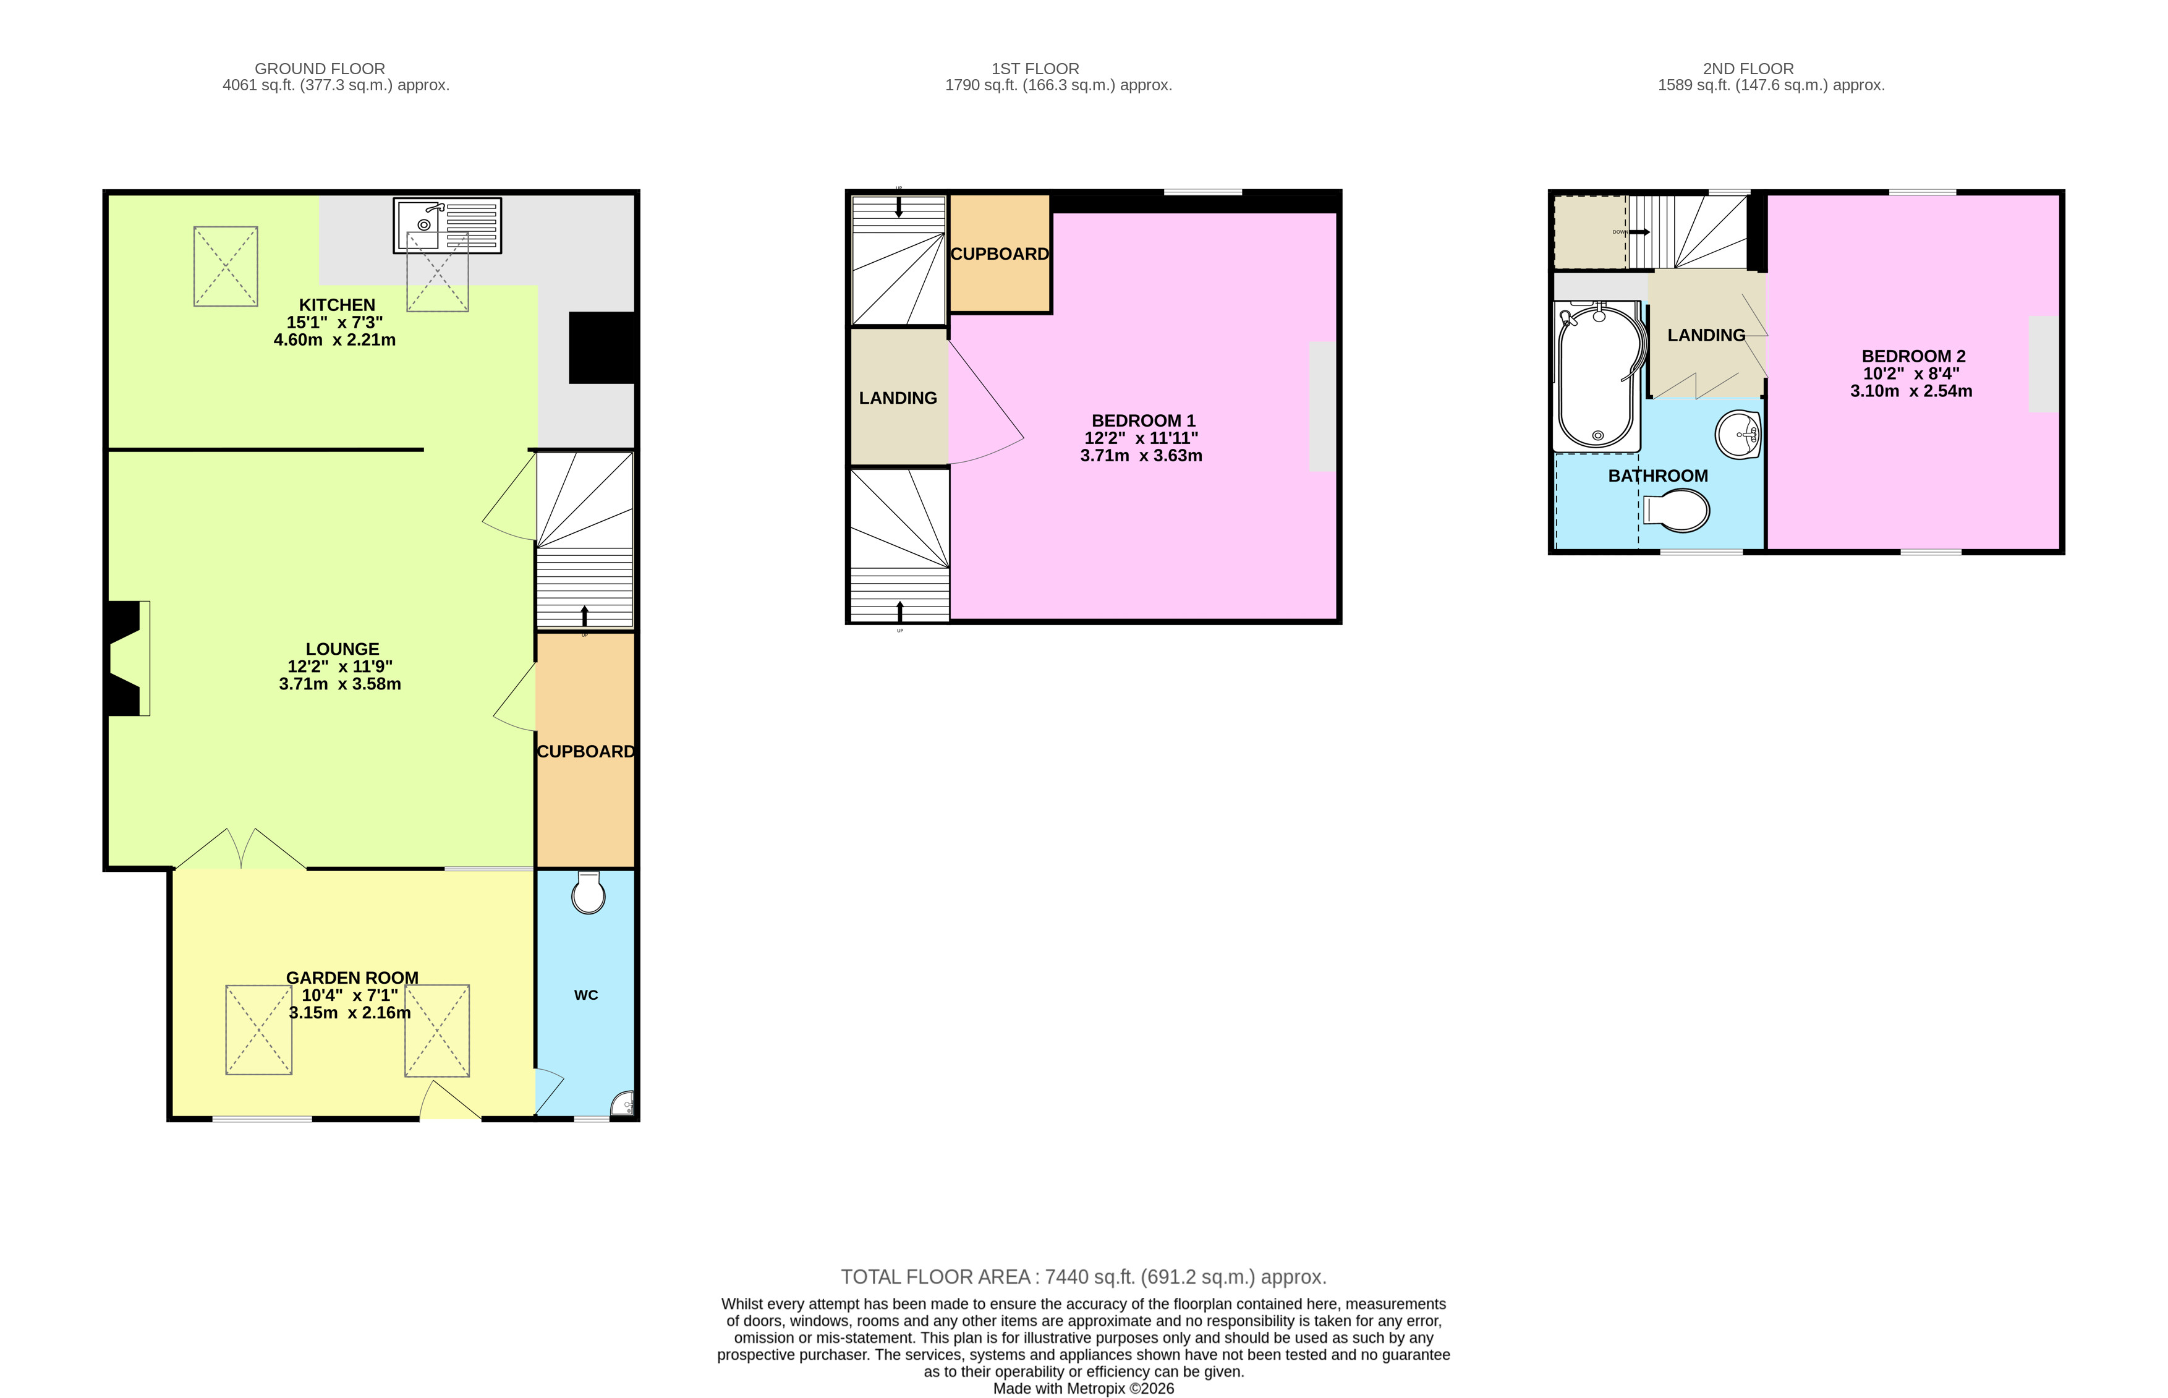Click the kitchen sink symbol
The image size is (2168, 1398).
[x=446, y=225]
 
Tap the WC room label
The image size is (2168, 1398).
[x=585, y=995]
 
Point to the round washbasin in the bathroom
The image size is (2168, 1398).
[x=1738, y=435]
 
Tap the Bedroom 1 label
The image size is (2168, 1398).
[x=1142, y=420]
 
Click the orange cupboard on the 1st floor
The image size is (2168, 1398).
[x=999, y=254]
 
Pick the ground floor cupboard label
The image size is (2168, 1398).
[x=585, y=752]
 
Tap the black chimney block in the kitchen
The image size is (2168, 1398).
[x=602, y=347]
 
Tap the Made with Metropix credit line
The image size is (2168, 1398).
[x=1082, y=1388]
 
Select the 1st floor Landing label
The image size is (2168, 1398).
[x=898, y=398]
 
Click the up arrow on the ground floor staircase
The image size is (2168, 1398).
[x=584, y=615]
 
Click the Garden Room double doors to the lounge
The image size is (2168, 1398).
[x=240, y=849]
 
